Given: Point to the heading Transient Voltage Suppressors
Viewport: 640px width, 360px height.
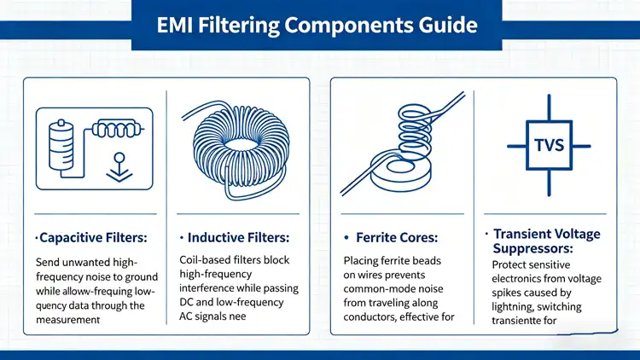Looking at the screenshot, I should [545, 241].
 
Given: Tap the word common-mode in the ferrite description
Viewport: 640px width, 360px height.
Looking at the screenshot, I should [381, 289].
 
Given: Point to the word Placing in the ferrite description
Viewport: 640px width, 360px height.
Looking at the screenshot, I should [364, 260].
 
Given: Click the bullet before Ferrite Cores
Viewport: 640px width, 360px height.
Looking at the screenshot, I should [347, 236].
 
